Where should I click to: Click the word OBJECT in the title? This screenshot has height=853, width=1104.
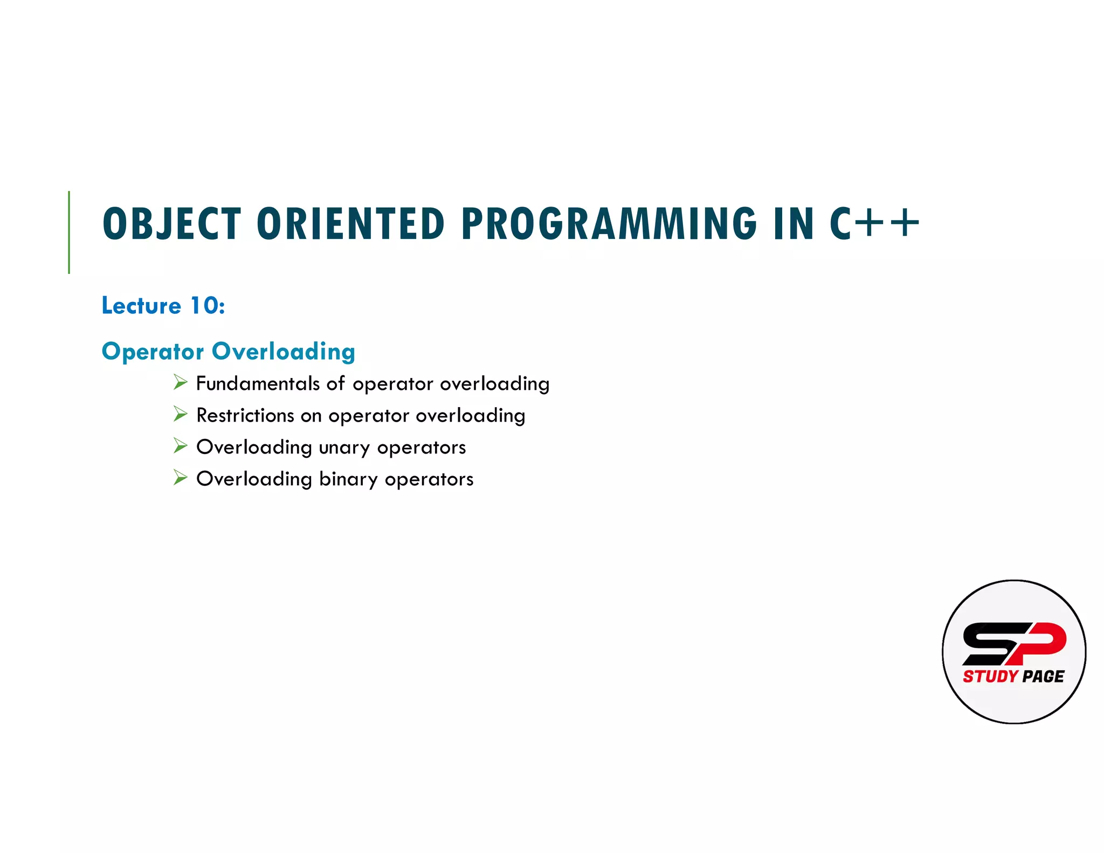(x=171, y=224)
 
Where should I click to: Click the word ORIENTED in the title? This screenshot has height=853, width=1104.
(x=350, y=224)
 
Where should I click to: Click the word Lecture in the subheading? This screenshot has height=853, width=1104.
(x=141, y=306)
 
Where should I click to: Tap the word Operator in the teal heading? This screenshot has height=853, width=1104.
(x=153, y=352)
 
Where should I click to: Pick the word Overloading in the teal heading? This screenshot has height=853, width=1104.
(x=284, y=352)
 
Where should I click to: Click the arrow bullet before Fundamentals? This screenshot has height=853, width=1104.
(x=180, y=383)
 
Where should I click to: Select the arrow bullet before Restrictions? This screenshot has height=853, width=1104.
(x=180, y=414)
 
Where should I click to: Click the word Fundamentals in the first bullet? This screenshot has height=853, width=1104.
(x=258, y=383)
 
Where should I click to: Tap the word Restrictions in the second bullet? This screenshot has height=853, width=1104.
(x=245, y=415)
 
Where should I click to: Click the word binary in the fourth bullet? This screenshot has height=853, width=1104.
(x=348, y=479)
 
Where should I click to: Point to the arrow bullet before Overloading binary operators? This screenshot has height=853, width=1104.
(x=180, y=478)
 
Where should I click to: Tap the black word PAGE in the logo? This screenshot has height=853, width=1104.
(x=1043, y=676)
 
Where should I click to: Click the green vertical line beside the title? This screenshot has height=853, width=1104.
(x=69, y=232)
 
